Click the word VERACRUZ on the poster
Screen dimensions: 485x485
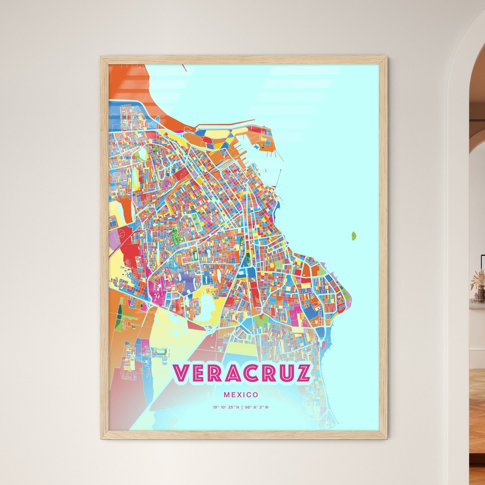(x=242, y=373)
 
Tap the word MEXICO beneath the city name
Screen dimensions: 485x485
(x=241, y=395)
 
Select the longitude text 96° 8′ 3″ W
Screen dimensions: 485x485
(x=257, y=407)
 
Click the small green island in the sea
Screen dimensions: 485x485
(x=353, y=236)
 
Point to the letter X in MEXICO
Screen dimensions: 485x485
(x=241, y=395)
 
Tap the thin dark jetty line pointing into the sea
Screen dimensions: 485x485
(x=278, y=178)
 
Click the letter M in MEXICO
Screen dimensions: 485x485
(x=226, y=395)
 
